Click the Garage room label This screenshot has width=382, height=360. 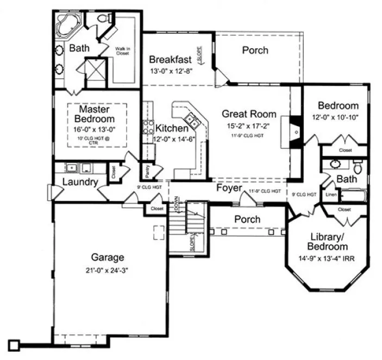pos(108,257)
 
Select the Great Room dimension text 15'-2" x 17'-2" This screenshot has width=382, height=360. pos(248,126)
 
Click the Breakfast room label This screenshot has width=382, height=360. pos(170,59)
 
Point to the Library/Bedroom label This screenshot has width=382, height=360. pos(329,242)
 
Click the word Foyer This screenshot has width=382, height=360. pos(229,188)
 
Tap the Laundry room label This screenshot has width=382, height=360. pos(79,182)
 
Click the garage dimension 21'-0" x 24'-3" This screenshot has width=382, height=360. pos(108,269)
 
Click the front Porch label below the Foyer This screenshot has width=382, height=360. pos(247,219)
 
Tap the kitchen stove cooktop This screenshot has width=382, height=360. pos(146,128)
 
